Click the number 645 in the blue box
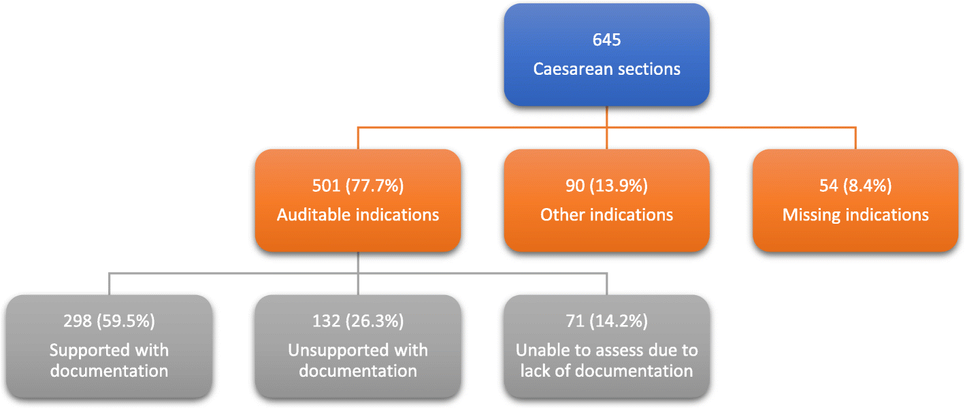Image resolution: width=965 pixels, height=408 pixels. (x=606, y=40)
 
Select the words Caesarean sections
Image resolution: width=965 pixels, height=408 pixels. (x=606, y=69)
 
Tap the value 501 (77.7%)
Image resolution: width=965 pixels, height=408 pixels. (x=358, y=186)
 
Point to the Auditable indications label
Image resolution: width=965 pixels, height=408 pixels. (x=358, y=215)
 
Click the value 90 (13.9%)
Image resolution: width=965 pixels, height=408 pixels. (x=606, y=186)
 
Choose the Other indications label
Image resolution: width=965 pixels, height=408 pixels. (x=606, y=215)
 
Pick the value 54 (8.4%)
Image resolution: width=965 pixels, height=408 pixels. (x=855, y=186)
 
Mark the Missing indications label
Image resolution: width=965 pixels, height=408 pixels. (x=855, y=215)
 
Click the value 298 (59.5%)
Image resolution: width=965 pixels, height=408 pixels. (x=109, y=322)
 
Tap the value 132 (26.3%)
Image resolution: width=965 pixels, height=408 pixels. (x=358, y=322)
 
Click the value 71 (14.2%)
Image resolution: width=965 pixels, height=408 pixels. (x=606, y=322)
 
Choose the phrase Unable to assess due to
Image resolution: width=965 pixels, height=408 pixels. (x=606, y=351)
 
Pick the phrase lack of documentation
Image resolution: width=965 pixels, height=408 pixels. (x=606, y=371)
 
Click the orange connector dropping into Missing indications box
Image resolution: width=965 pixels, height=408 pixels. (x=855, y=138)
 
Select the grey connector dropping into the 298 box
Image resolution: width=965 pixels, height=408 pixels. (x=109, y=284)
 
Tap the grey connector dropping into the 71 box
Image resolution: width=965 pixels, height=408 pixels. (x=606, y=284)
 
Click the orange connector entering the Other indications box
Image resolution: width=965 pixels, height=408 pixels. (x=606, y=138)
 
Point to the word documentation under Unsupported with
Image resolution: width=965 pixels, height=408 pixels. (x=358, y=371)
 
